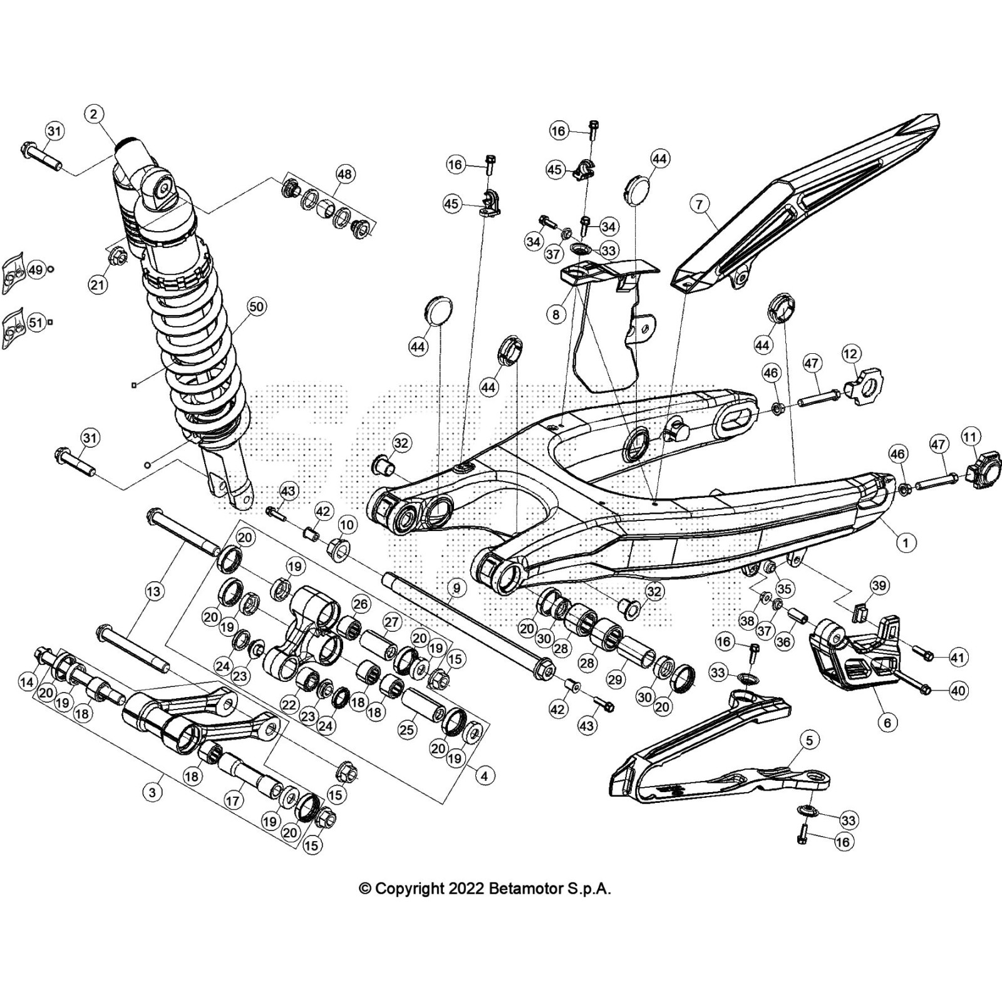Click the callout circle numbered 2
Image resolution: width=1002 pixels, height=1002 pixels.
coord(93,113)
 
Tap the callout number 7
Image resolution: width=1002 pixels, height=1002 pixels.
coord(700,204)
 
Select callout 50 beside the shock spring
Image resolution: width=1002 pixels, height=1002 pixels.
coord(256,307)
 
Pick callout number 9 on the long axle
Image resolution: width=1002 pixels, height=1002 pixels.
coord(457,588)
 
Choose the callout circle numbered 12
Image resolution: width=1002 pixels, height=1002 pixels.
coord(850,354)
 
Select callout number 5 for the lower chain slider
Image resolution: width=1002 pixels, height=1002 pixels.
coord(809,741)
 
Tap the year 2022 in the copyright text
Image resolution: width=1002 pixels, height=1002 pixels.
coord(464,889)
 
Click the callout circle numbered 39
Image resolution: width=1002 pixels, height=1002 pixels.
coord(879,586)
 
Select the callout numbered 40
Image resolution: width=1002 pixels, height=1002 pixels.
coord(958,691)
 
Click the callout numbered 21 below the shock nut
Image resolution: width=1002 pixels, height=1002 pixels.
coord(97,285)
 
